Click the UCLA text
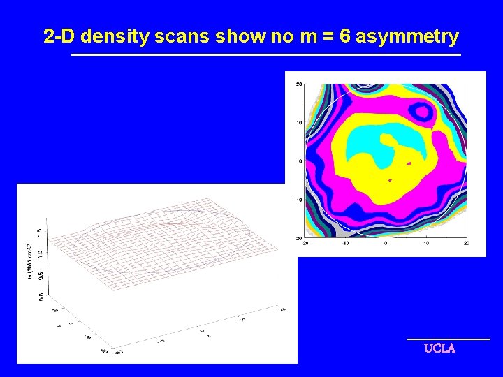coord(439,348)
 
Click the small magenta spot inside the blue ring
coord(421,110)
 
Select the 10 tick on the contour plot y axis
coord(299,123)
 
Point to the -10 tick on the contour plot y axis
coord(298,200)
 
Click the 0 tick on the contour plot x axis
coord(386,244)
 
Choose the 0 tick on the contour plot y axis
coord(300,161)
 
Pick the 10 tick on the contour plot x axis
coord(426,244)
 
